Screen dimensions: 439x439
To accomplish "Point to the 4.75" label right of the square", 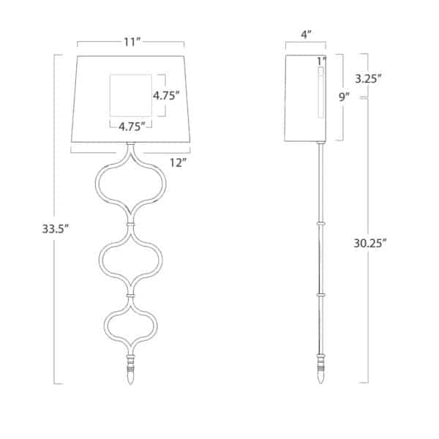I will point(166,95).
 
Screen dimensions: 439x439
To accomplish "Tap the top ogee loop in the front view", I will point(131,186).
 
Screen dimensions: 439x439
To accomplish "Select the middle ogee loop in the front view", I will point(131,257).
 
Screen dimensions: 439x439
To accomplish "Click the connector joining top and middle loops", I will point(131,222).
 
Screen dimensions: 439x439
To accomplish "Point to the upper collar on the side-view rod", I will point(320,222).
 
